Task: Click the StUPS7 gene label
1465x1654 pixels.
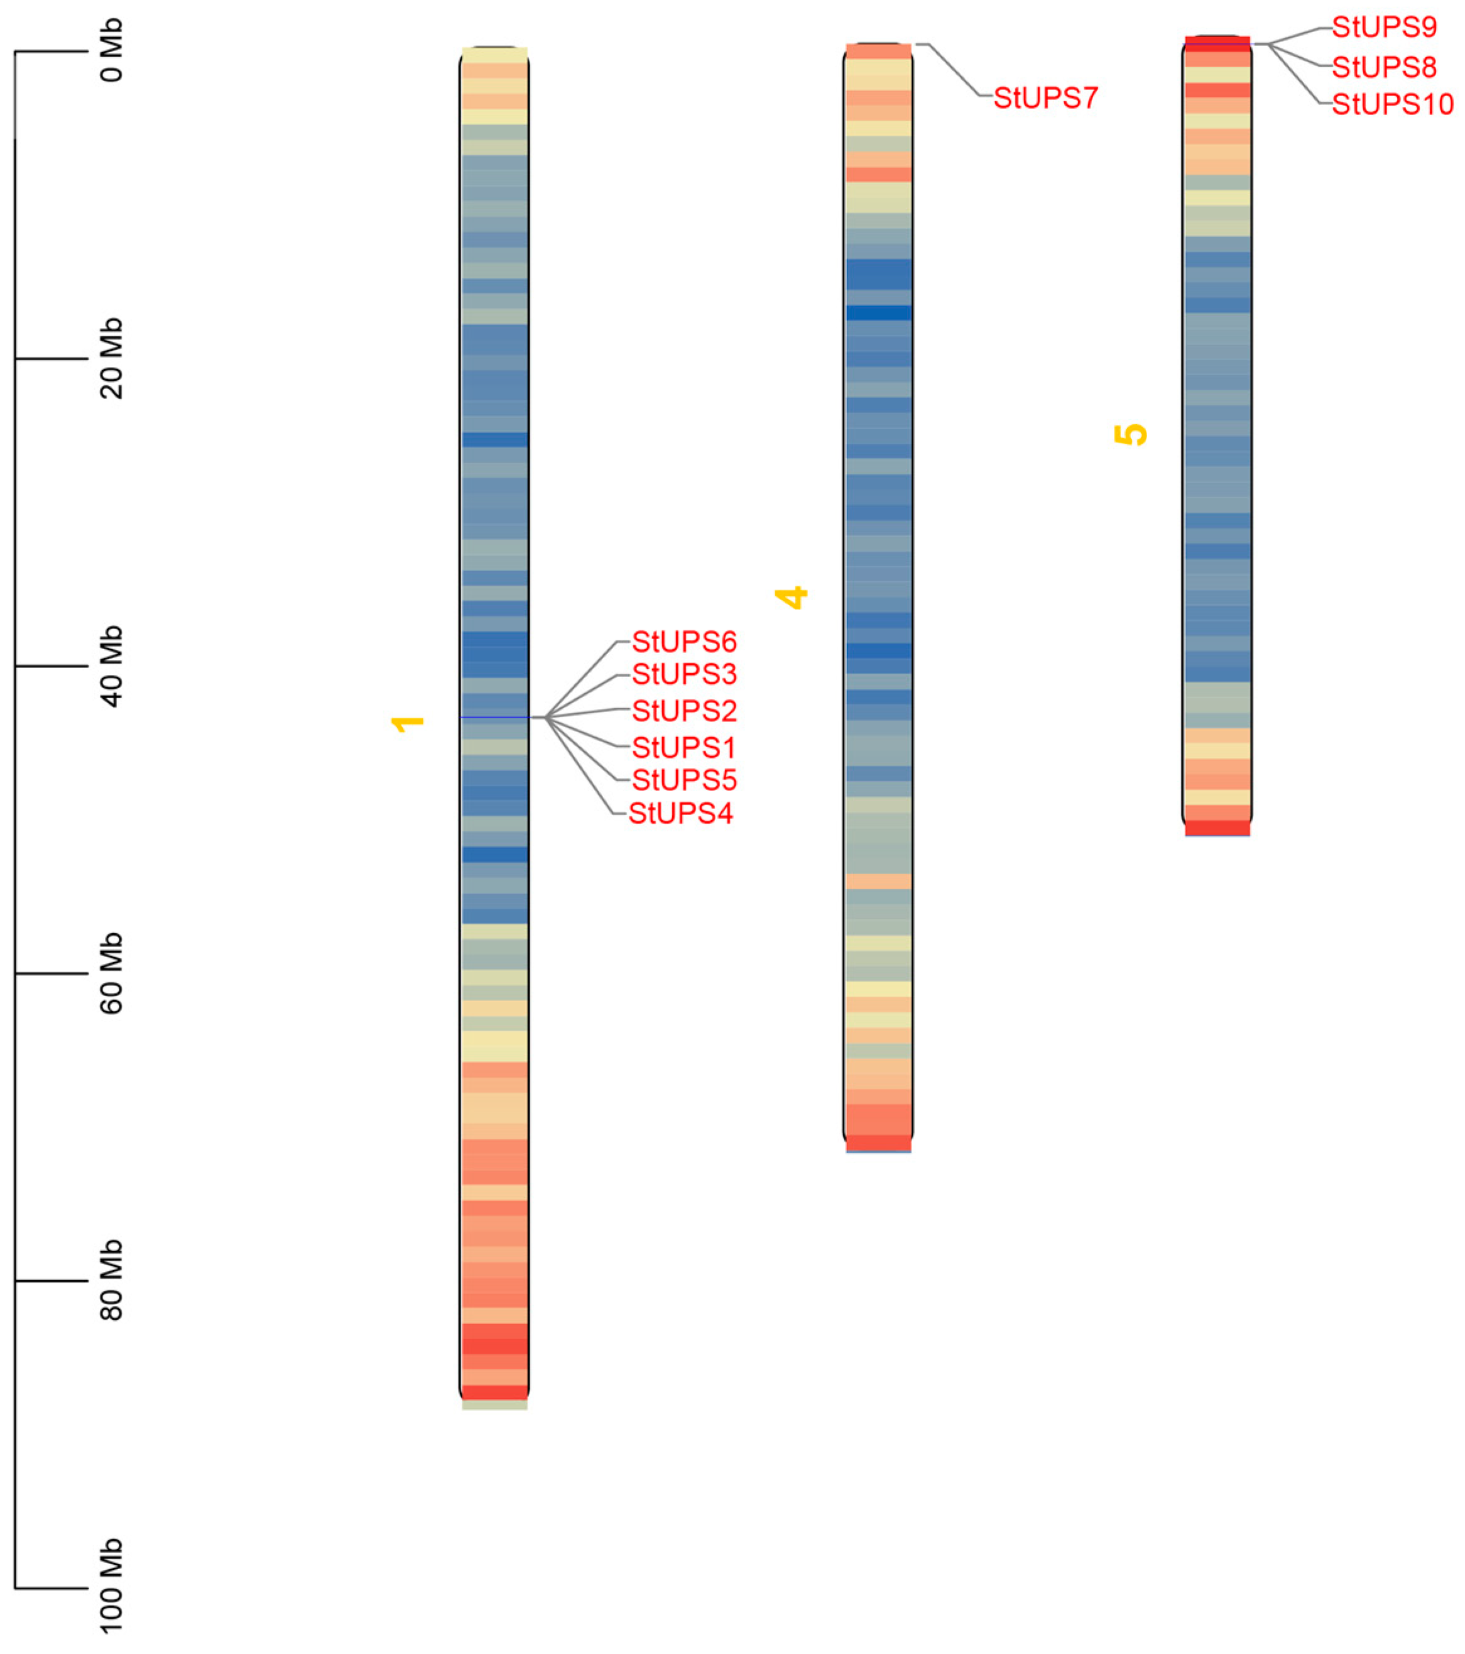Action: pyautogui.click(x=1045, y=99)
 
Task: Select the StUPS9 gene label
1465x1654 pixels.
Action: pyautogui.click(x=1383, y=28)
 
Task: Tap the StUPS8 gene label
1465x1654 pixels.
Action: pyautogui.click(x=1383, y=67)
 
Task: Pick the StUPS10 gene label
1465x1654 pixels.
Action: pyautogui.click(x=1391, y=104)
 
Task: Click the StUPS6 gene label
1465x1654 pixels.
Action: pyautogui.click(x=683, y=642)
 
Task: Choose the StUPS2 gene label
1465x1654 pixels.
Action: pyautogui.click(x=683, y=711)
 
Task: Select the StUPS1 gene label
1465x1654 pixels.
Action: pyautogui.click(x=683, y=747)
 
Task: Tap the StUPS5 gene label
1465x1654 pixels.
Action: pyautogui.click(x=683, y=780)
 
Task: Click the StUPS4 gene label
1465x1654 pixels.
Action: pyautogui.click(x=680, y=813)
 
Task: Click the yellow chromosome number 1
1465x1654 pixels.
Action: pyautogui.click(x=408, y=723)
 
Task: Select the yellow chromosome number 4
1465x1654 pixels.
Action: pyautogui.click(x=792, y=597)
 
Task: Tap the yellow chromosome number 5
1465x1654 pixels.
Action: pyautogui.click(x=1131, y=434)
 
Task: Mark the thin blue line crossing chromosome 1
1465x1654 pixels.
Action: pyautogui.click(x=494, y=717)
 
